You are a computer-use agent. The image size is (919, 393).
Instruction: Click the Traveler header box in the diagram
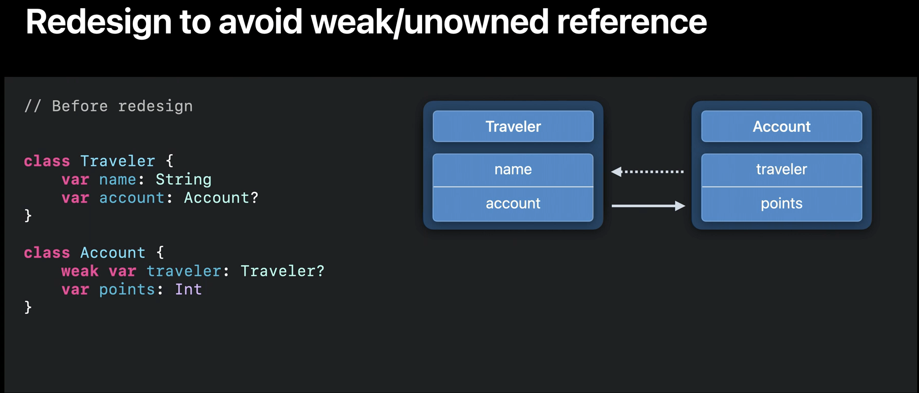(x=513, y=126)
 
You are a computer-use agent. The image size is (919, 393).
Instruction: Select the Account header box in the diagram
(x=782, y=126)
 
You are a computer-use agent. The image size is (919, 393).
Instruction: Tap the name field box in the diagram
(x=513, y=170)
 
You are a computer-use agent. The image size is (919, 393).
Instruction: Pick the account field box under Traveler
(x=513, y=204)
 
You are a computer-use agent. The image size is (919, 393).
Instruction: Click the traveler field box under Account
(x=782, y=170)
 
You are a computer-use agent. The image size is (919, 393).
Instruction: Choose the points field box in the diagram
(x=782, y=204)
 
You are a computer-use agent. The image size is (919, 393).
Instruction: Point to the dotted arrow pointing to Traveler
(x=647, y=172)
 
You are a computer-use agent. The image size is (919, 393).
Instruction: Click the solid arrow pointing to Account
(x=648, y=206)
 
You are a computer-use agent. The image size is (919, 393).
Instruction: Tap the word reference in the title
(x=632, y=22)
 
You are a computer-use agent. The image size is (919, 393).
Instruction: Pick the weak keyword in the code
(x=80, y=271)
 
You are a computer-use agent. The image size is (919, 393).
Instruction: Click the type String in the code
(x=184, y=180)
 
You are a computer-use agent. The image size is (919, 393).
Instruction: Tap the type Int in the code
(x=189, y=289)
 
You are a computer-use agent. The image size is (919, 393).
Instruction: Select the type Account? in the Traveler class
(x=221, y=198)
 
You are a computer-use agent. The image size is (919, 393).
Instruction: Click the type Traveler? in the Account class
(x=282, y=271)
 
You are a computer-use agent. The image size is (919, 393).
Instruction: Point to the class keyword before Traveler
(x=47, y=161)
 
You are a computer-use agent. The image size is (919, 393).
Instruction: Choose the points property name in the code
(x=127, y=290)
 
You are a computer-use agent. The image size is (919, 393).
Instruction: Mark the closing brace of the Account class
(x=28, y=307)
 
